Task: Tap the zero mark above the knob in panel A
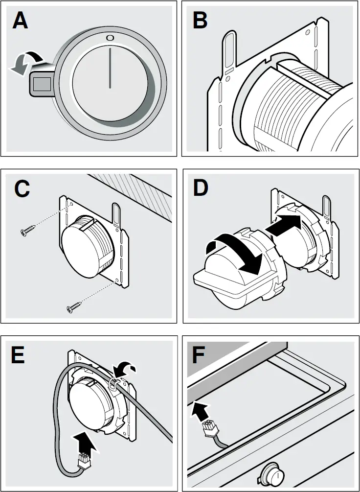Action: coord(110,38)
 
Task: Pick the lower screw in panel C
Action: coord(74,308)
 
